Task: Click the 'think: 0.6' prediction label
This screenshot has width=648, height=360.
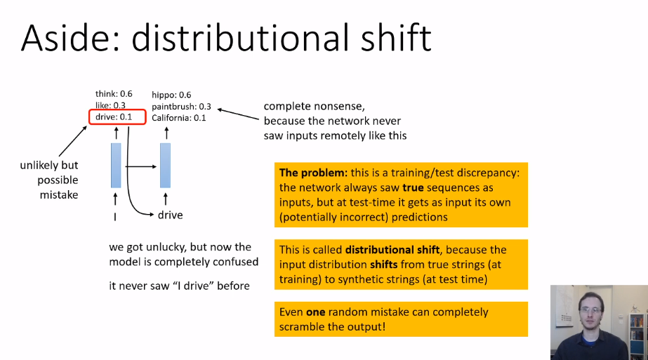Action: click(114, 94)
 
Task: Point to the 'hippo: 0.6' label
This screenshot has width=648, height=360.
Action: click(171, 95)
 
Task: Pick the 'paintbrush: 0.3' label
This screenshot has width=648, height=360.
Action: click(181, 106)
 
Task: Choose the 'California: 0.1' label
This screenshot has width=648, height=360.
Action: click(179, 117)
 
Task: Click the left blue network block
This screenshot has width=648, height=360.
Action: click(116, 165)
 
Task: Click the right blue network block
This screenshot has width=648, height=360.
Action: click(165, 165)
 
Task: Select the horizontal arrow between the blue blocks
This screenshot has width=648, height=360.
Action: click(140, 167)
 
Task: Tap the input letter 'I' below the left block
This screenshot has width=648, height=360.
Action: click(115, 216)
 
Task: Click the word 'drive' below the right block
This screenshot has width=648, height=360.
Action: click(170, 215)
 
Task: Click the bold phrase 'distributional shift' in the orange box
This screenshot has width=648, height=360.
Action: click(389, 250)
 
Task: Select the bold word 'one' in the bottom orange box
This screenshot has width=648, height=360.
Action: click(315, 312)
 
